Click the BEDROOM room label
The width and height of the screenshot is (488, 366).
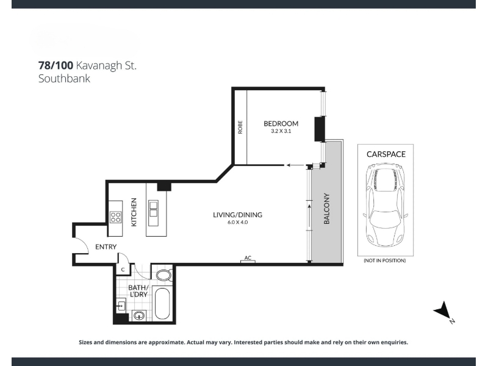(x=281, y=124)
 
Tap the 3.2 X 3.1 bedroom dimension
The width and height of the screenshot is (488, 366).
(x=281, y=131)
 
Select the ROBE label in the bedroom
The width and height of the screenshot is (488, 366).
(x=240, y=127)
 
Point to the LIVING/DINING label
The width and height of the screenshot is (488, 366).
(x=237, y=215)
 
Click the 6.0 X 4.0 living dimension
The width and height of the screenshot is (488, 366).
(x=238, y=222)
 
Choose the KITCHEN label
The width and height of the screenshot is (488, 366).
(x=134, y=212)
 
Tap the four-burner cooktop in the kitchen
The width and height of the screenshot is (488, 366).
(x=115, y=217)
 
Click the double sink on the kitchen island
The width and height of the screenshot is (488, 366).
(x=154, y=209)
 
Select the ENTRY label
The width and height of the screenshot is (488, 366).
(x=106, y=247)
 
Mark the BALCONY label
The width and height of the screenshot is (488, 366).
(x=326, y=209)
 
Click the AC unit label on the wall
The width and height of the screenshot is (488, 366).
(x=248, y=257)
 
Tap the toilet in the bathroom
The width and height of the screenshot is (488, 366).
(x=163, y=275)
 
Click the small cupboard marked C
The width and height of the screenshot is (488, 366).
(x=123, y=269)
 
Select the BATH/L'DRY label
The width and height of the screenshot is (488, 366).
(x=138, y=291)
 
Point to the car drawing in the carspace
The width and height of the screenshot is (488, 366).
(x=386, y=205)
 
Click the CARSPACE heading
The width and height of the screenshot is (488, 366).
(x=386, y=154)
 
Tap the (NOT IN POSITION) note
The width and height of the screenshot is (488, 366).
(x=385, y=260)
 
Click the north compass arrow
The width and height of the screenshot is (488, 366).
(x=443, y=310)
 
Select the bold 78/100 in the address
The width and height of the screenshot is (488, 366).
(x=56, y=65)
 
